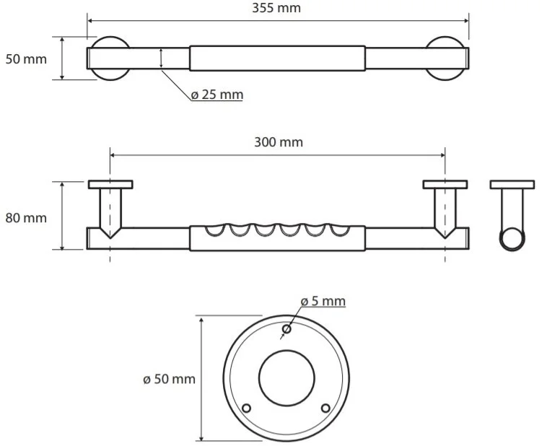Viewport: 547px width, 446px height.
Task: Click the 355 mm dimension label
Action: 276,8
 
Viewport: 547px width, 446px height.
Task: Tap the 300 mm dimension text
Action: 279,142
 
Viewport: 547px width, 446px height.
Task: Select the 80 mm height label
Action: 26,218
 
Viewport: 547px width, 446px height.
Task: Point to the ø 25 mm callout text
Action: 217,95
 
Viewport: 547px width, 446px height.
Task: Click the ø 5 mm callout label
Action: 323,301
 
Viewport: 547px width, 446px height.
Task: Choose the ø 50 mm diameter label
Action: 169,379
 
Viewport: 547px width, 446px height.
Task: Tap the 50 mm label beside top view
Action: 26,59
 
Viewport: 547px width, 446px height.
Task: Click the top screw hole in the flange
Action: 286,329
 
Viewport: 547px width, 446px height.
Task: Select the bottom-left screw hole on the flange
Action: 246,408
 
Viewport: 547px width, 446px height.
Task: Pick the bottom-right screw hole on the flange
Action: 325,408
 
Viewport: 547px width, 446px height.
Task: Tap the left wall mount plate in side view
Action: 110,184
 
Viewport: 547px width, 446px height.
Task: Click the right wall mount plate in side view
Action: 445,184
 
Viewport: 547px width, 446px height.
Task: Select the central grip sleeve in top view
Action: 277,58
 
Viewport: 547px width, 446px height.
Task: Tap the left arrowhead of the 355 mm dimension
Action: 89,21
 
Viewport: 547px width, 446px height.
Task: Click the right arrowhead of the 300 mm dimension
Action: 442,155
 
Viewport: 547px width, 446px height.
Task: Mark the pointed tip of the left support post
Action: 110,238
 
